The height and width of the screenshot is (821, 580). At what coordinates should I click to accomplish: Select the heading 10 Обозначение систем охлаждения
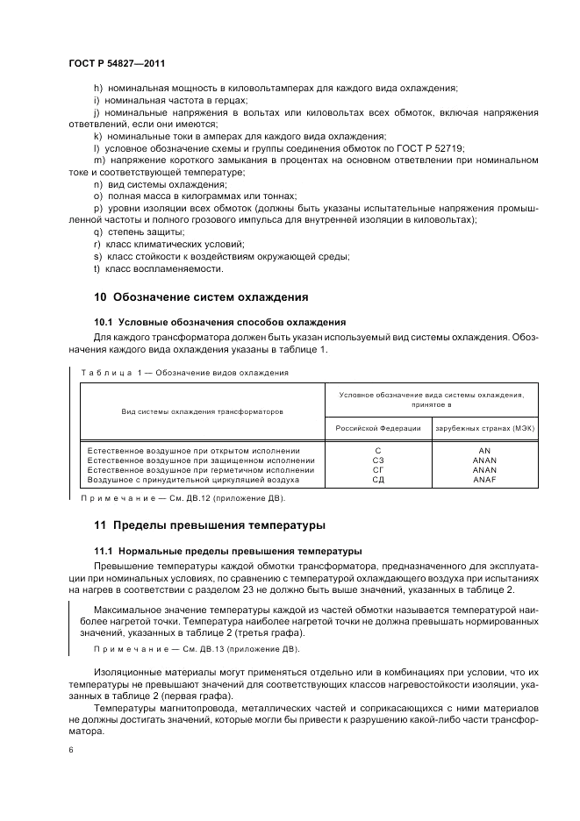[201, 297]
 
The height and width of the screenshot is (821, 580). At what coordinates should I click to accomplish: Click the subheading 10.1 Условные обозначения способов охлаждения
[219, 322]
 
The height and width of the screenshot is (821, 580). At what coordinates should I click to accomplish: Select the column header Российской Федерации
[378, 428]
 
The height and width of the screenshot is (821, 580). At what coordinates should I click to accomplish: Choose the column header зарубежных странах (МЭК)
[484, 428]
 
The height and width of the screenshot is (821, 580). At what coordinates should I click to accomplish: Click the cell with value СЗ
[378, 460]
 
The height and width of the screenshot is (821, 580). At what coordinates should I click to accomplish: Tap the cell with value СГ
[378, 470]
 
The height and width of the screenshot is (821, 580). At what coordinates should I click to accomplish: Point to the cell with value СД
[378, 481]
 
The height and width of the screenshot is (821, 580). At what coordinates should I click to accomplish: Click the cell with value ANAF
[484, 481]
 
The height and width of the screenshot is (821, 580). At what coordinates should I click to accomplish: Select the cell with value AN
[484, 449]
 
